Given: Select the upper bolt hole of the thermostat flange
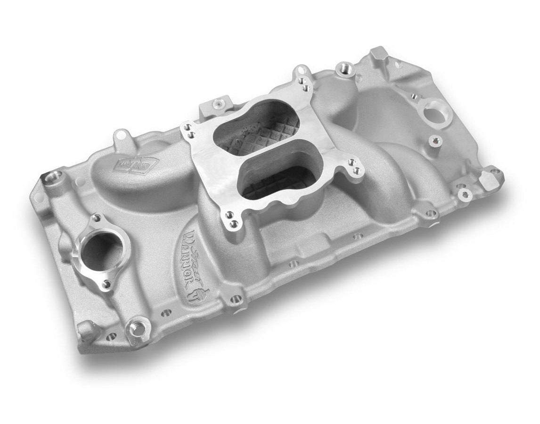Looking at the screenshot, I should [97, 217].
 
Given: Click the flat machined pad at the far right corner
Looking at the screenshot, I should [493, 176].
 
